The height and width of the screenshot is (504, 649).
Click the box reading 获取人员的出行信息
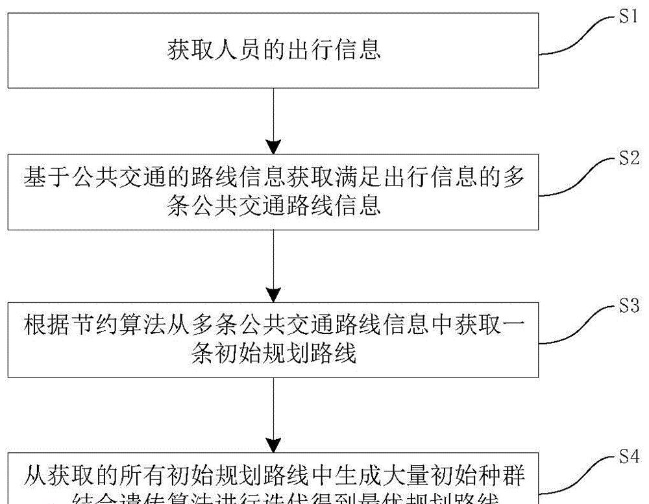pyautogui.click(x=273, y=49)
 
